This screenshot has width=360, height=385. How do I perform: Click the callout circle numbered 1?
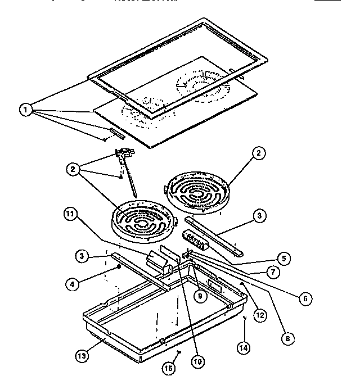(x=25, y=110)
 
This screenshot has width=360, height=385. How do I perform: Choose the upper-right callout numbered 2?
(x=258, y=152)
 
